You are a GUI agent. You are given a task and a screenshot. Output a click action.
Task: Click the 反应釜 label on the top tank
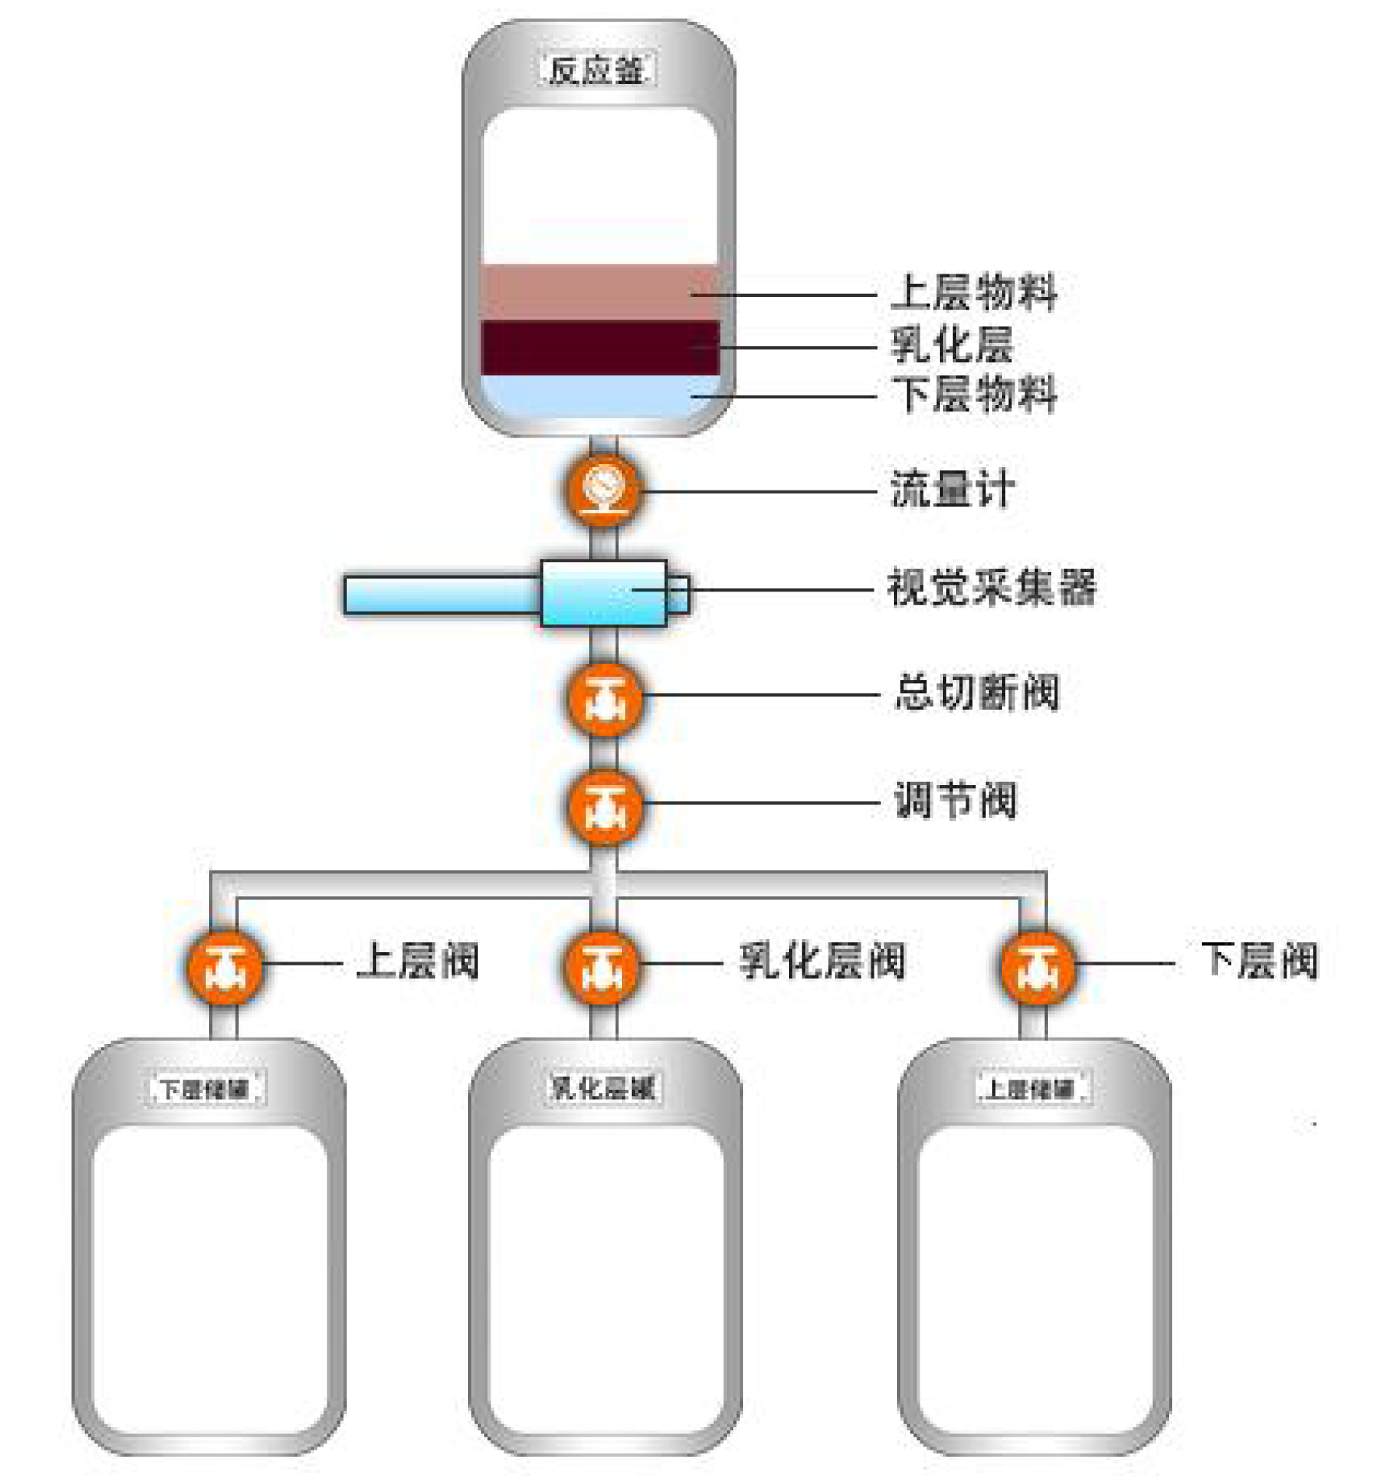[597, 70]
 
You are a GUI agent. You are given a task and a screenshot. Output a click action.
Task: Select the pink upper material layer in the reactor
[599, 291]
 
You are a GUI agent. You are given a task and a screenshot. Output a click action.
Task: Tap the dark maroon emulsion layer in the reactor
[599, 347]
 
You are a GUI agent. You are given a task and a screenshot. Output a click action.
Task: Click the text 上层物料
[973, 292]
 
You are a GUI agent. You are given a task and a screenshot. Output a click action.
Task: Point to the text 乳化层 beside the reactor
[951, 344]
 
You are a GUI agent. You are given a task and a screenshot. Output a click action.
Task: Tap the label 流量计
[951, 490]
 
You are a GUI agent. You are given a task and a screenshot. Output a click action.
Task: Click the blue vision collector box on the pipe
[603, 593]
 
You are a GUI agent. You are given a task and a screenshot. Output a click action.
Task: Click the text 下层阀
[1259, 961]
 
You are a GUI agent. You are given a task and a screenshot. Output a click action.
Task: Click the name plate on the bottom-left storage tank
[206, 1088]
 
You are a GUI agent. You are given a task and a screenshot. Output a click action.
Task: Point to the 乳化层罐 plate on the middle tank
[602, 1087]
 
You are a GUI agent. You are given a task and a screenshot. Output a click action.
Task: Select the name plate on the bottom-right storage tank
[1033, 1088]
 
